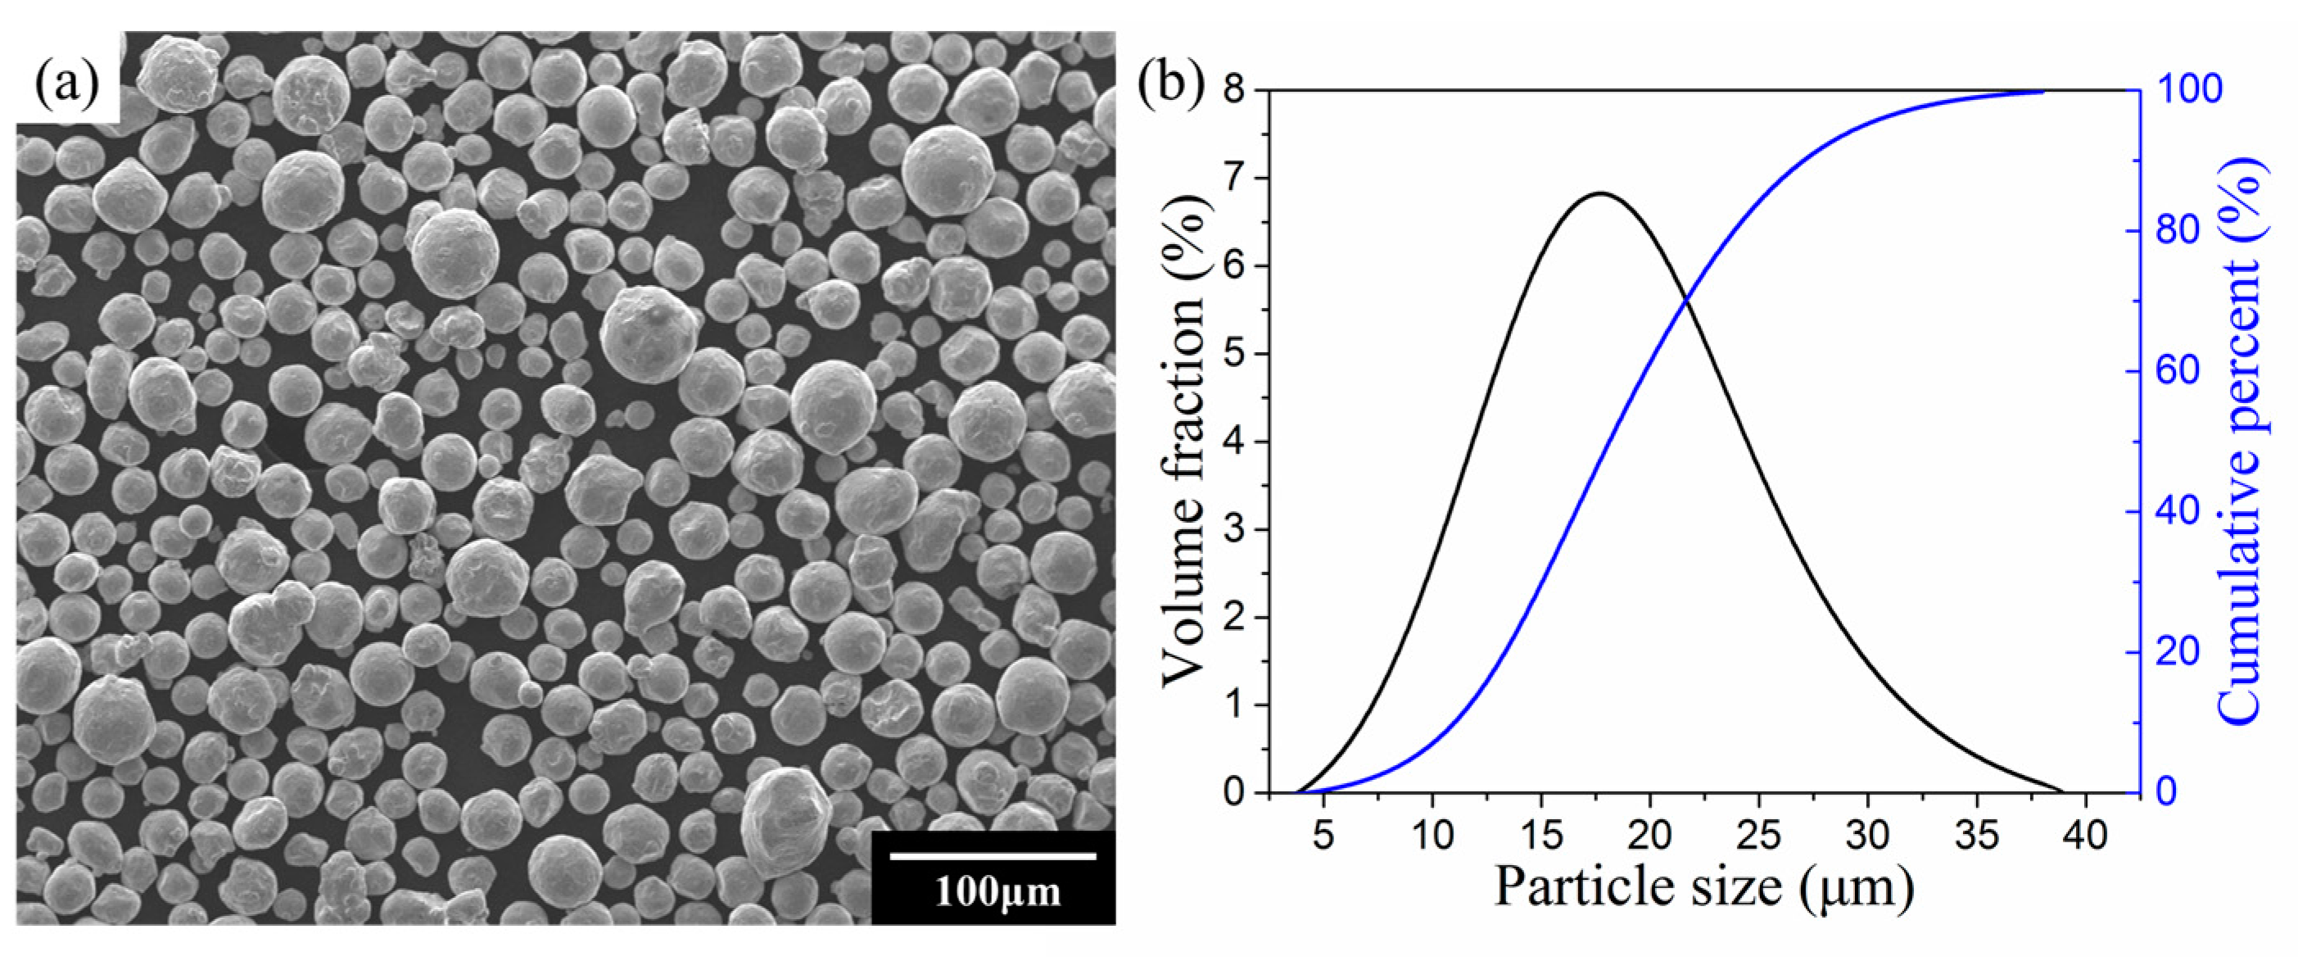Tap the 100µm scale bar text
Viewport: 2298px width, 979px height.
pos(997,891)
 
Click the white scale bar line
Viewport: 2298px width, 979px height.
pos(993,856)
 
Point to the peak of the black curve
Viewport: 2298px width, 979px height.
pos(1601,193)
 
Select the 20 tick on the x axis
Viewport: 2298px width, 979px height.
pos(1650,836)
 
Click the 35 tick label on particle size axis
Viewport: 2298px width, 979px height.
pos(1977,836)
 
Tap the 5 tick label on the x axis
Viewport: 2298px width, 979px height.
pos(1323,836)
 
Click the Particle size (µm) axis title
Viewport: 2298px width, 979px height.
pos(1704,888)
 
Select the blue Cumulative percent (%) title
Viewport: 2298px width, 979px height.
pos(2239,442)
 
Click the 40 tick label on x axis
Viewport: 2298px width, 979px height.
pos(2086,836)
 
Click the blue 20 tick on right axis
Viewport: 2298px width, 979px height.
pos(2177,652)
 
